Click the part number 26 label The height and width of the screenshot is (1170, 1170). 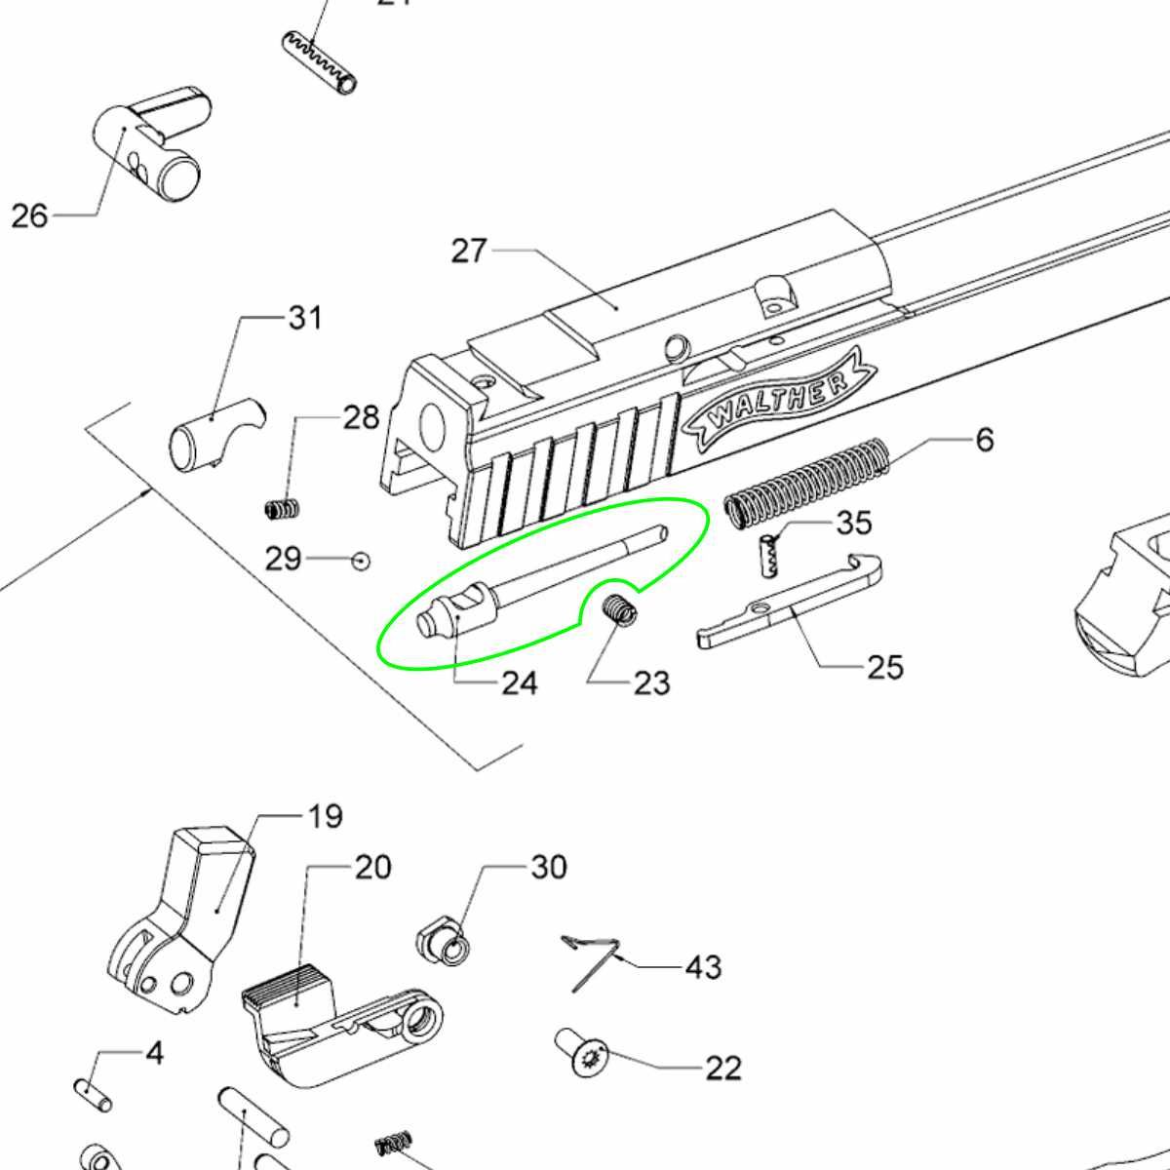29,215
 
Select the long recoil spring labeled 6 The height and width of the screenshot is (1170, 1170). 806,482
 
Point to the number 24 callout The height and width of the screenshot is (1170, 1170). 519,682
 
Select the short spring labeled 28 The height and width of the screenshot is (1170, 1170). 283,508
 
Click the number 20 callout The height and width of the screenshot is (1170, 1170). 372,867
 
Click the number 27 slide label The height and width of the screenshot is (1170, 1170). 469,252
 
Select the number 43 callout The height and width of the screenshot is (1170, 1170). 703,967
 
